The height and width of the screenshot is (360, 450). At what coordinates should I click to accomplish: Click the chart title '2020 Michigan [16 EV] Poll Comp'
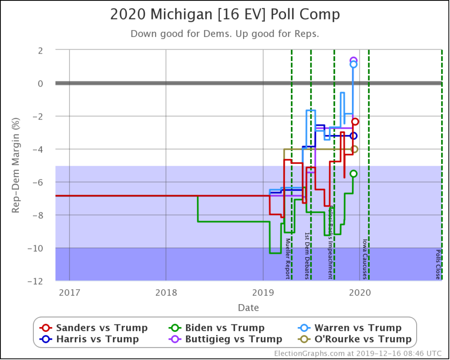tap(225, 15)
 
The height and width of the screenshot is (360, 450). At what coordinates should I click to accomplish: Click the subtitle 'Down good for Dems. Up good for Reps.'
tap(225, 34)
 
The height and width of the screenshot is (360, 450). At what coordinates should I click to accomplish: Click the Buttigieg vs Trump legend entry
tap(225, 339)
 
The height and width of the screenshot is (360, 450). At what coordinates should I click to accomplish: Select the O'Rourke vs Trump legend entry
tap(356, 339)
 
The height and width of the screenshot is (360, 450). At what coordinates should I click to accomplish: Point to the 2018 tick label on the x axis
tap(166, 292)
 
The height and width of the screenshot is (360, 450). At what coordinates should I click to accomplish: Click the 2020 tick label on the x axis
tap(359, 292)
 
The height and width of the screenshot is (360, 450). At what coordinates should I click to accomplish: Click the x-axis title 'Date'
tap(248, 308)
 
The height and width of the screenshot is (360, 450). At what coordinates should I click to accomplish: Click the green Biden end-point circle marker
tap(353, 174)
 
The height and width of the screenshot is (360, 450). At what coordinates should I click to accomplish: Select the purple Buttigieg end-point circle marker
tap(353, 60)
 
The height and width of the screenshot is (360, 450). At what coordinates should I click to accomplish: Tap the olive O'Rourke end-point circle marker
tap(354, 149)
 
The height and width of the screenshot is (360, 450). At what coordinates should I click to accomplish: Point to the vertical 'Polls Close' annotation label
tap(438, 264)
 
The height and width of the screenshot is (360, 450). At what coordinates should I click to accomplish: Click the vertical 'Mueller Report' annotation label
tap(288, 258)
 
